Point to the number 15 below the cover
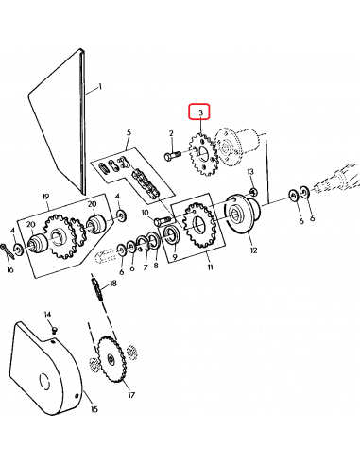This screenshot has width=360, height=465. click(94, 409)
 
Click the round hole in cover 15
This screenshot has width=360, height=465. click(43, 383)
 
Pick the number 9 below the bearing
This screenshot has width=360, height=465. click(173, 255)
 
